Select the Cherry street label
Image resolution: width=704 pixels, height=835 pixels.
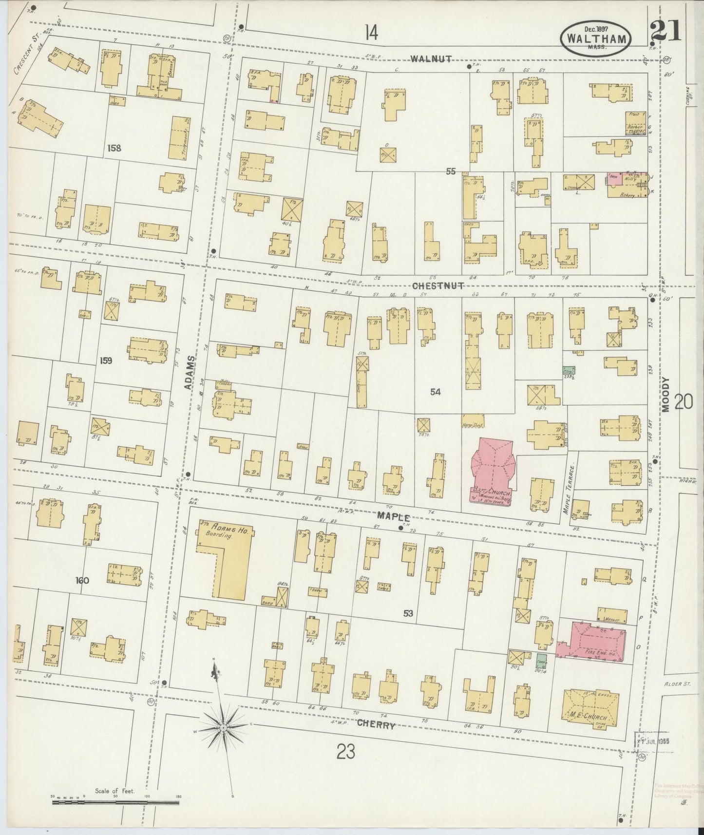click(376, 725)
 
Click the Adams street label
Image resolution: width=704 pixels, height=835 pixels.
click(190, 372)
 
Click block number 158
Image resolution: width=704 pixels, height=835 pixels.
click(114, 148)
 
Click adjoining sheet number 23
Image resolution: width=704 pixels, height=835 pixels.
click(345, 753)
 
